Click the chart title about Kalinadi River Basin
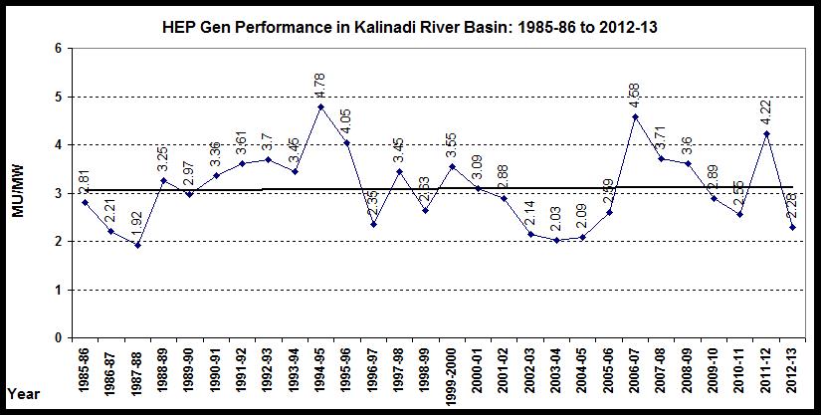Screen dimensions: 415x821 pos(409,27)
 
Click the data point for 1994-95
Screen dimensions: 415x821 pos(320,106)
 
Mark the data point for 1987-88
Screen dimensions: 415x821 pos(137,245)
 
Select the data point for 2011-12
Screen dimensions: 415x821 pos(764,133)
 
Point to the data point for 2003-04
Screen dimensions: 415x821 pos(555,240)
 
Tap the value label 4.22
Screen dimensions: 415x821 pos(765,110)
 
